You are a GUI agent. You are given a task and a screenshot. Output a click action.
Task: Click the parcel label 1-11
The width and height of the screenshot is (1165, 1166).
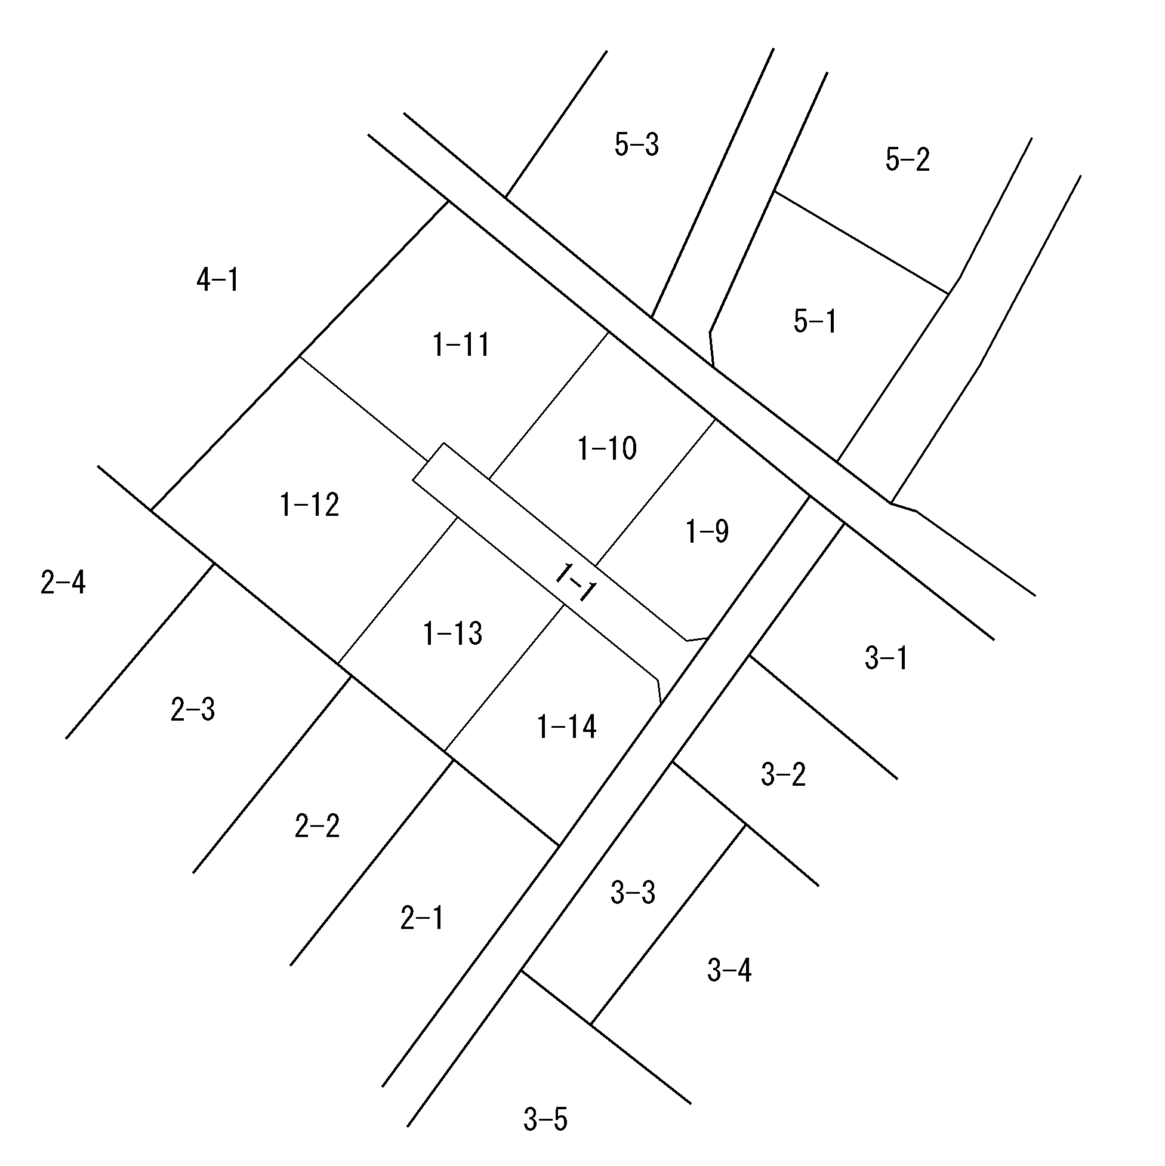tap(461, 345)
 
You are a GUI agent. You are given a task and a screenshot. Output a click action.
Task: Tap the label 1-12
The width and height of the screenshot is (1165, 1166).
tap(310, 504)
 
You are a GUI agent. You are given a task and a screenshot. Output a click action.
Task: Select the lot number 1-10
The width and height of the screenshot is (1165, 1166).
tap(608, 448)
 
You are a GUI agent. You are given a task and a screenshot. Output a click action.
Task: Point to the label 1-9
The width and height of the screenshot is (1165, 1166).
tap(708, 532)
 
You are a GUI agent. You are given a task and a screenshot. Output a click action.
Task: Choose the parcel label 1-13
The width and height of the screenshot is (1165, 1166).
tap(453, 634)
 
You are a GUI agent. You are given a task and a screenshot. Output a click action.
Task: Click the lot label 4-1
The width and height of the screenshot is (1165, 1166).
tap(218, 280)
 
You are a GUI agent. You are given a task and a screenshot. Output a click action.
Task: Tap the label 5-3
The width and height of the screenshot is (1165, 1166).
tap(637, 145)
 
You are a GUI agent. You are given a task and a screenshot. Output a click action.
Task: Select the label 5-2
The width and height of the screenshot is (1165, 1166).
tap(908, 160)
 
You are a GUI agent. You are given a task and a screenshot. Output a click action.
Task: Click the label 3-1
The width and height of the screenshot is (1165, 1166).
tap(886, 658)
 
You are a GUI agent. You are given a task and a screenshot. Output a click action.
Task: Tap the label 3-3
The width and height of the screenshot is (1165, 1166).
tap(633, 893)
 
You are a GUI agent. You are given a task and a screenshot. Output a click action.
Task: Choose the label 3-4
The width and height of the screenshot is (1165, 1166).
tap(729, 970)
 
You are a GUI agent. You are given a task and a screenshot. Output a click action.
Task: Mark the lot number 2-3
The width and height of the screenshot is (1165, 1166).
tap(193, 709)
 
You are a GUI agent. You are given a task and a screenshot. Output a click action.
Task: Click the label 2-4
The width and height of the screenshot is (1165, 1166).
tap(63, 582)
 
